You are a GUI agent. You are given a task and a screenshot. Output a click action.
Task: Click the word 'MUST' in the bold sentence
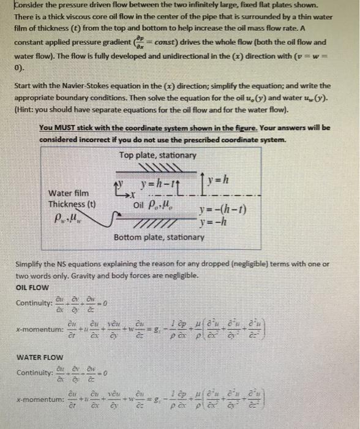(x=71, y=127)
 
